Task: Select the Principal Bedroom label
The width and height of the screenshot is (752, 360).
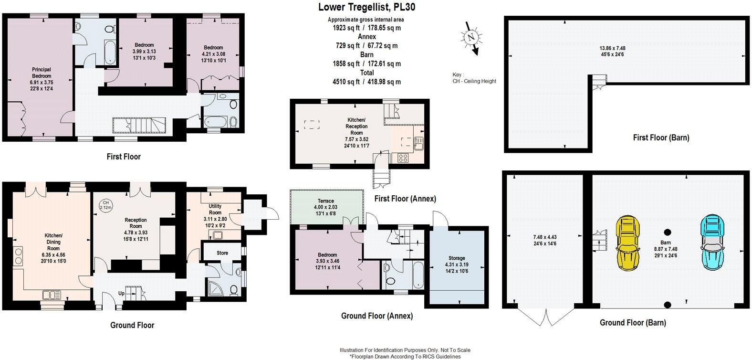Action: pos(41,73)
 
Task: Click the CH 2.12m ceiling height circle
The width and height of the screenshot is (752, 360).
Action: pos(105,205)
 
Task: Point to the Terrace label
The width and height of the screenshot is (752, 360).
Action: pos(325,201)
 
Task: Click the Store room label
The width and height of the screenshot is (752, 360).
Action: pos(222,253)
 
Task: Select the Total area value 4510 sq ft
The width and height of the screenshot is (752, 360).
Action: pos(366,82)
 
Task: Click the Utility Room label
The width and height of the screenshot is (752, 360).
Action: pos(215,209)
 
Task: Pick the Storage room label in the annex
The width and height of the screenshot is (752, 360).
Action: pos(456,258)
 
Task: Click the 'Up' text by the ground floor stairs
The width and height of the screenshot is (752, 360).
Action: pos(121,294)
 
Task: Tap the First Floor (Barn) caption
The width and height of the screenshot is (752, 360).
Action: pos(661,138)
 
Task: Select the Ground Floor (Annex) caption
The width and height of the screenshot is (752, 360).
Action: pos(376,316)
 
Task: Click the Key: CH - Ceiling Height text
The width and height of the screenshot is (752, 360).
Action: pos(474,78)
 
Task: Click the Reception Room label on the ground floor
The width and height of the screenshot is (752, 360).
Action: pos(136,223)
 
